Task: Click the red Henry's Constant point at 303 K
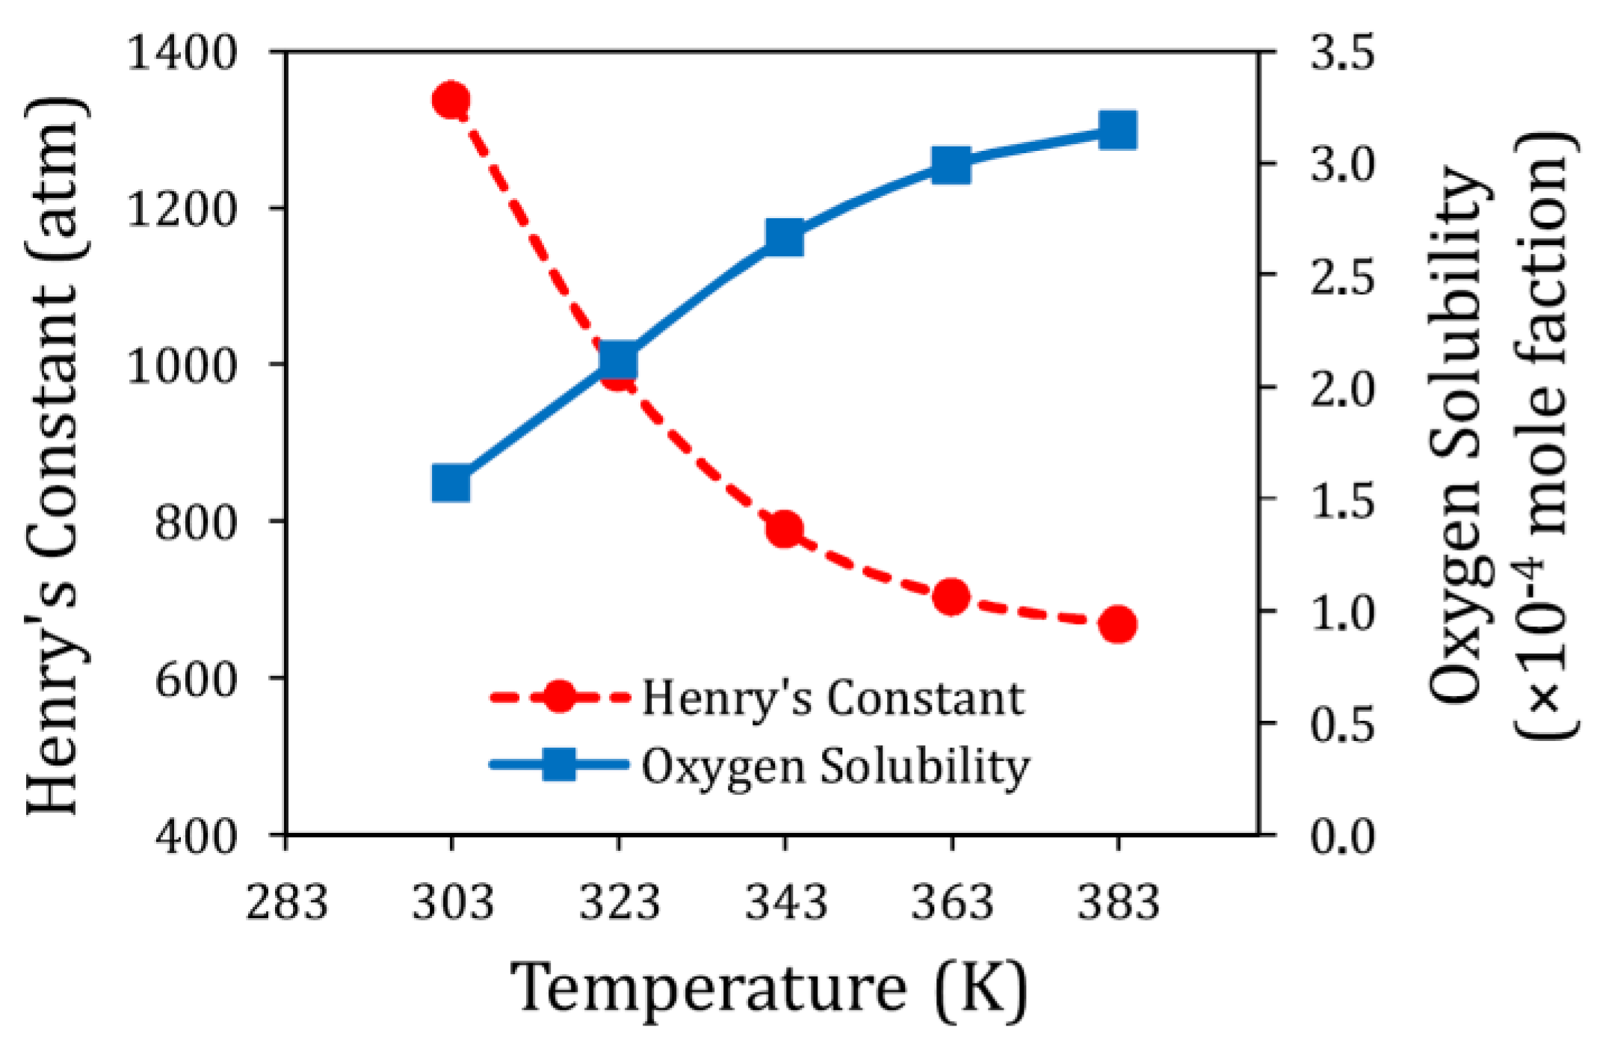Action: (x=451, y=99)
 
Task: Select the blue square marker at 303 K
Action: (x=451, y=483)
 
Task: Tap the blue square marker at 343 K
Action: (x=785, y=238)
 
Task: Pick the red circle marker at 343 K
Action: (x=785, y=530)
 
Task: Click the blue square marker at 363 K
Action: (x=951, y=165)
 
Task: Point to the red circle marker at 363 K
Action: (x=951, y=597)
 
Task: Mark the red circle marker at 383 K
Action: (x=1118, y=624)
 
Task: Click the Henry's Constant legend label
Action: (x=833, y=699)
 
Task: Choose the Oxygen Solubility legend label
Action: (x=836, y=766)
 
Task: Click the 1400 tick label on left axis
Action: (x=182, y=53)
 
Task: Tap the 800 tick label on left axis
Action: (x=195, y=522)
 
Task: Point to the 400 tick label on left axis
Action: (x=195, y=835)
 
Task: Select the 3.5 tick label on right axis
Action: (x=1342, y=53)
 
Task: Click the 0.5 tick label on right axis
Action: (x=1342, y=724)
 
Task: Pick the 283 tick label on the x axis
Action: (x=287, y=902)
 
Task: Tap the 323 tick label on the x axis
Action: (x=620, y=902)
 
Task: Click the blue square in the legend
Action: (x=558, y=764)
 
